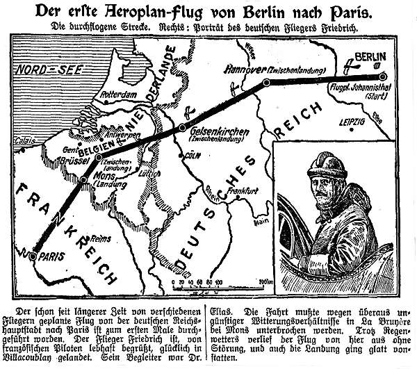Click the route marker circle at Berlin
(x=382, y=77)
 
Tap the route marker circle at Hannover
(x=266, y=83)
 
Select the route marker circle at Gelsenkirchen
(x=182, y=128)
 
